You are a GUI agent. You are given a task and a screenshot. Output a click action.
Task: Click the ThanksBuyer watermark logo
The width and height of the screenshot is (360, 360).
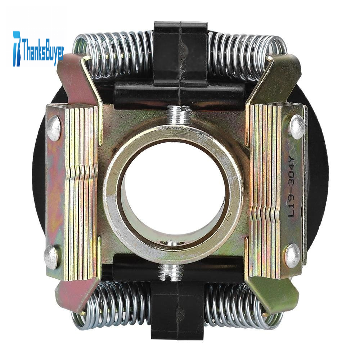click(39, 49)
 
